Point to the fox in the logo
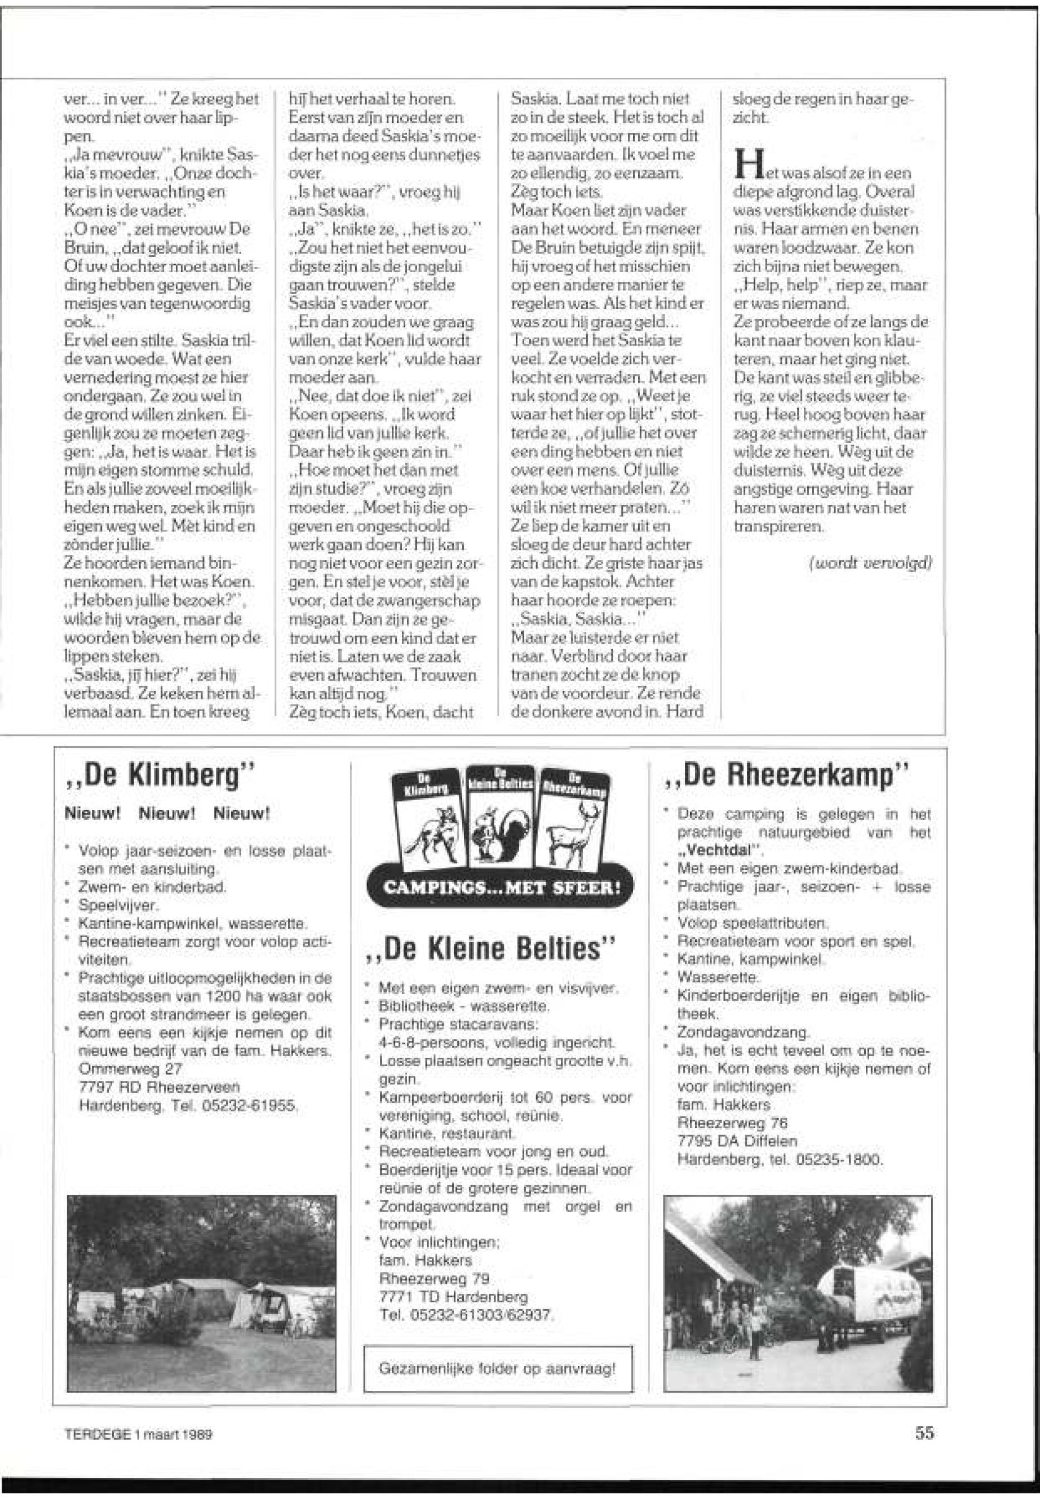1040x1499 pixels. tap(430, 828)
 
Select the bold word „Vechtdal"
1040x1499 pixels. tap(719, 850)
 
